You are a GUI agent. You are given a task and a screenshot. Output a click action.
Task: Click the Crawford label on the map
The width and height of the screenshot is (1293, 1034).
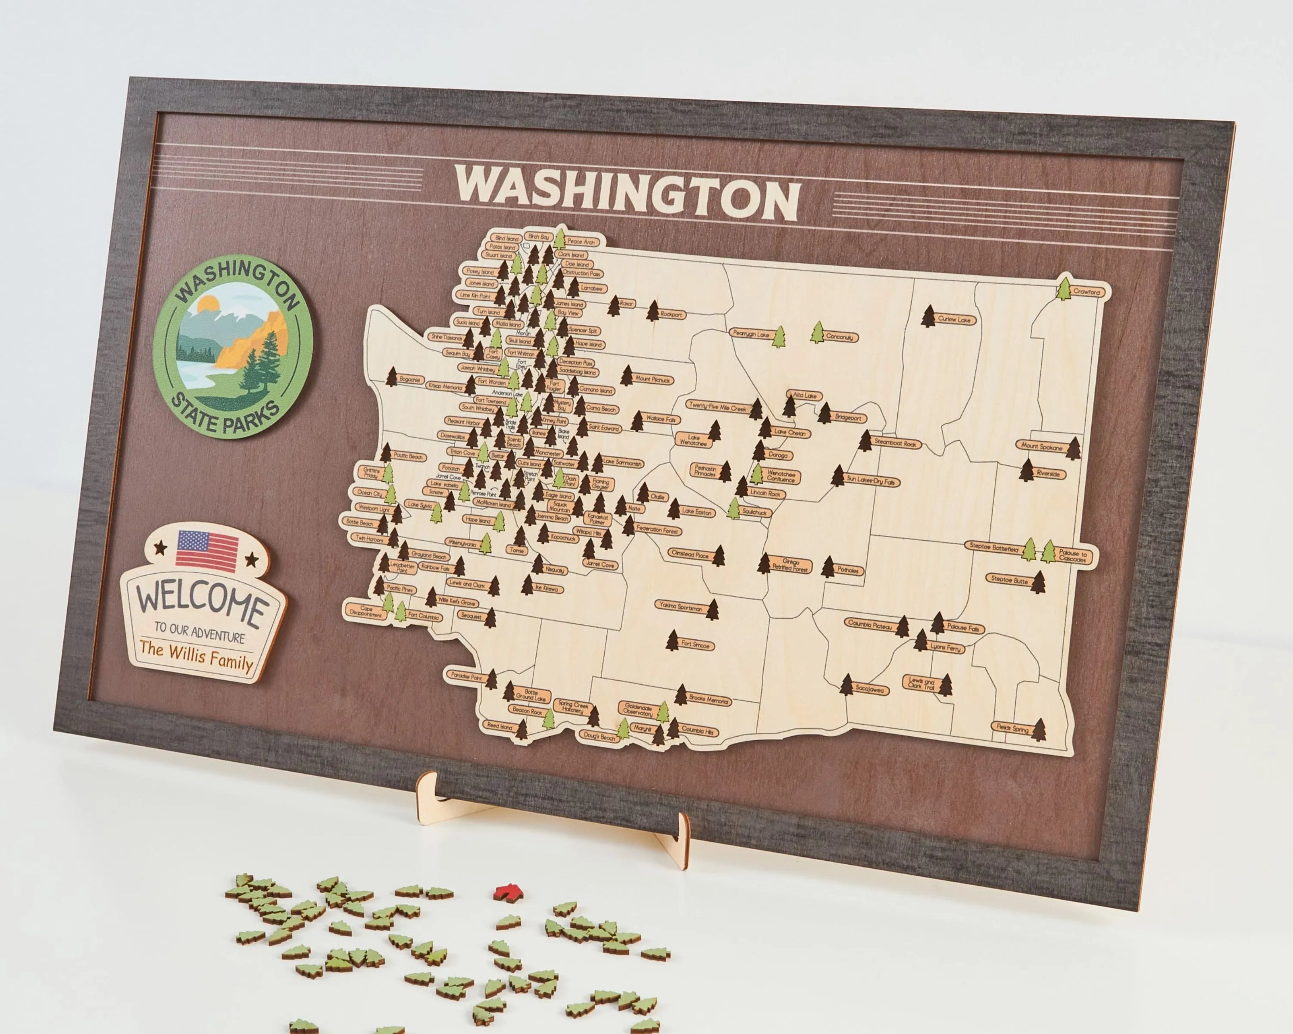coord(1087,292)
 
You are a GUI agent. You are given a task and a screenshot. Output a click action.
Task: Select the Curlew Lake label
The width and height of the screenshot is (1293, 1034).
coord(954,320)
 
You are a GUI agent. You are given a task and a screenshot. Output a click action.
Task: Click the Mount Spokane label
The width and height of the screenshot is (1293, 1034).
coord(1042,447)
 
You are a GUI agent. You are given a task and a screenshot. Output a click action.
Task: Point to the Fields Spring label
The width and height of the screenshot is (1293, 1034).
coord(1012,728)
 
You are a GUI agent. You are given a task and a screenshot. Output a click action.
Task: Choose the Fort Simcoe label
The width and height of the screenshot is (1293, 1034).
coord(695,645)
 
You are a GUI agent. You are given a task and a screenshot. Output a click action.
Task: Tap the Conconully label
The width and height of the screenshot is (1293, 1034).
coord(839,337)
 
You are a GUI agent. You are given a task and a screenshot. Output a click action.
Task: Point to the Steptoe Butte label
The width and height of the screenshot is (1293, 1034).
coord(1009,581)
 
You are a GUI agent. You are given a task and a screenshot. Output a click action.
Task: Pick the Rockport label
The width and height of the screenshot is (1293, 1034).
coord(671,314)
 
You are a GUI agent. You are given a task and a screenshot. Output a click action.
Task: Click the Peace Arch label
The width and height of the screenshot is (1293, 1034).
coord(581,242)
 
